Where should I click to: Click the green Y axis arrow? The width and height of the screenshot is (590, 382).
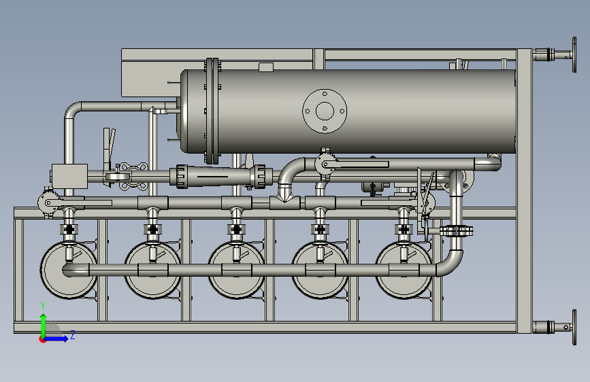[44, 326]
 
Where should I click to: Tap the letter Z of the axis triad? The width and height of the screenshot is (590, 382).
[73, 334]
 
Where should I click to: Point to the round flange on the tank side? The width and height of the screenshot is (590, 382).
[325, 111]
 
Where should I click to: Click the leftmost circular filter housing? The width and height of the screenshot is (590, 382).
[69, 270]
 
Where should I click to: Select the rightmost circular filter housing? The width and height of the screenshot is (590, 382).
[404, 270]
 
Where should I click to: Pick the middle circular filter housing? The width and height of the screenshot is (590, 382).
[236, 270]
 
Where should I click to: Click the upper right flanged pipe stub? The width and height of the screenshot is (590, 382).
[555, 55]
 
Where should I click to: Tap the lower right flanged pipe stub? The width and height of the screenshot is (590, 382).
[555, 327]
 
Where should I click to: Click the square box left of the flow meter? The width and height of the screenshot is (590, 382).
[69, 176]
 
